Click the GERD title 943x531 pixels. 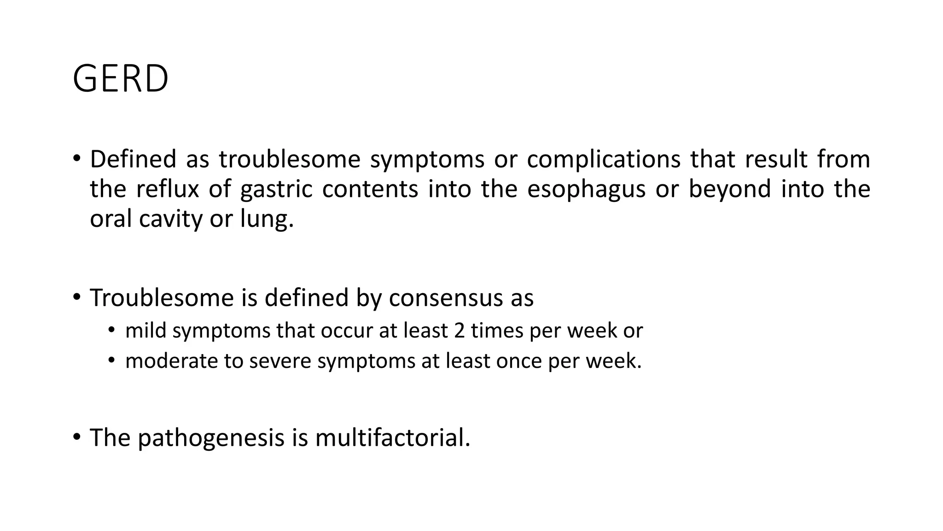click(121, 79)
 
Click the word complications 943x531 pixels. click(604, 159)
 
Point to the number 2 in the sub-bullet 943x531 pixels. click(459, 330)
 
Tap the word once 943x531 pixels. click(519, 360)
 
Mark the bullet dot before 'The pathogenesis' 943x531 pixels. click(76, 436)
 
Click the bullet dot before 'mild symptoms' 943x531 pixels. click(111, 330)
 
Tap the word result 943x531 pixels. click(776, 159)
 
